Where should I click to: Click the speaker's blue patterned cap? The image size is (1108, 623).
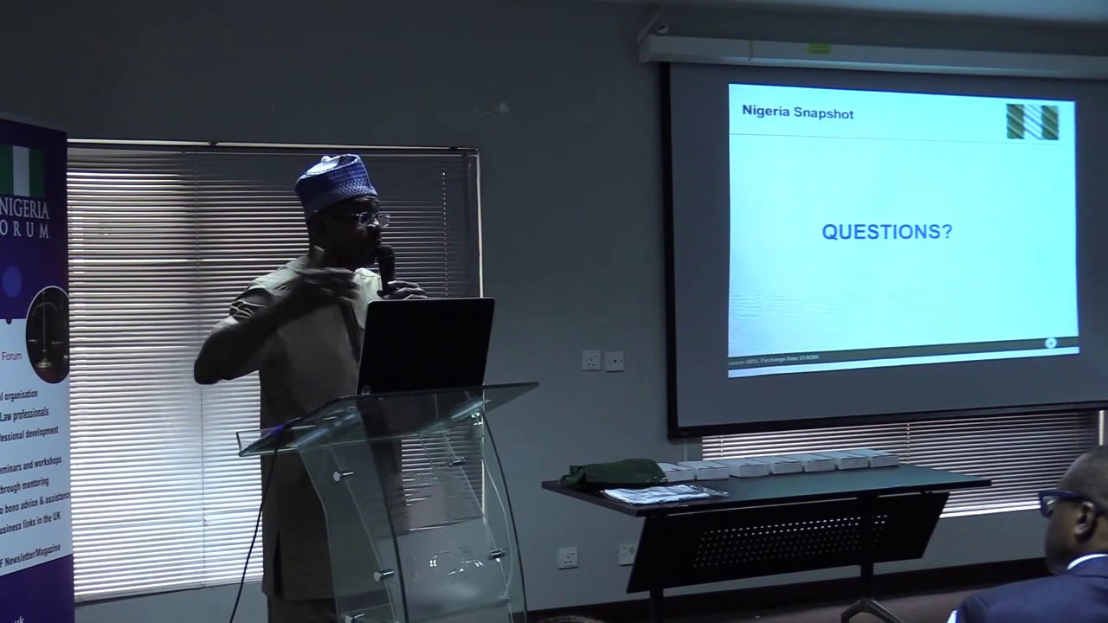coord(335,180)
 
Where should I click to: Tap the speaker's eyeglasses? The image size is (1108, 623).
coord(369,219)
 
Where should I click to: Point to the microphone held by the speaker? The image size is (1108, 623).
coord(386,265)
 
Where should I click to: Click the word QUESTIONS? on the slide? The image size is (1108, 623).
coord(886,232)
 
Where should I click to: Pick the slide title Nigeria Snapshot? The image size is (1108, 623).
coord(797,112)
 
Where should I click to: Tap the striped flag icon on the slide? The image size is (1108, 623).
coord(1032,122)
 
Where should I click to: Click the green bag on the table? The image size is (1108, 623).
coord(612,472)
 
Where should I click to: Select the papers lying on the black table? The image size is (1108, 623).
coord(663,493)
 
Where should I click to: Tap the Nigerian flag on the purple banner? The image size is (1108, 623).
coord(21,170)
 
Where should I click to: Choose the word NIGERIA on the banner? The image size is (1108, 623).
coord(25,209)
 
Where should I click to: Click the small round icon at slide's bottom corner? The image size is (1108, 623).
coord(1050,344)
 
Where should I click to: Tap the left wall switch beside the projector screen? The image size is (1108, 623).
coord(591,360)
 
